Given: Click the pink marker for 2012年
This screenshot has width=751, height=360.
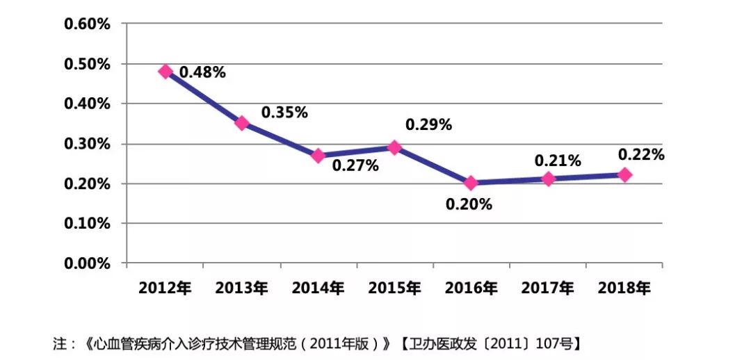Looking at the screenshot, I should [165, 71].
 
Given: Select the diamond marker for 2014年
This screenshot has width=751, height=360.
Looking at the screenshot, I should [318, 156].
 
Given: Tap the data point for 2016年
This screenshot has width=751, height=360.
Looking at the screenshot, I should [471, 183].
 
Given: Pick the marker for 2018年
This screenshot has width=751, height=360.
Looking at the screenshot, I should [624, 174].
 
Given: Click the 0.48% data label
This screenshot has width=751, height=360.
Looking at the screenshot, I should [202, 72].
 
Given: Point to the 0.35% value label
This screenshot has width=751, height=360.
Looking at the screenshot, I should [284, 113].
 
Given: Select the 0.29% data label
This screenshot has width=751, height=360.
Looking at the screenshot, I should [428, 125].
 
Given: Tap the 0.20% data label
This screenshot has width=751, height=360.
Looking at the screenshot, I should [469, 204].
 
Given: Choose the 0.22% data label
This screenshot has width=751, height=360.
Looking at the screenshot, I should [641, 155].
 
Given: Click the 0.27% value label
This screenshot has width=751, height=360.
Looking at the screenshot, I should [355, 165].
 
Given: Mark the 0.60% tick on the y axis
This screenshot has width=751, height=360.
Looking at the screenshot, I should [87, 24].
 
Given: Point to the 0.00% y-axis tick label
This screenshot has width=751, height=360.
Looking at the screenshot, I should [87, 263].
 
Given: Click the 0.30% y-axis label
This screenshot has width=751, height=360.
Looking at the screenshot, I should [87, 144].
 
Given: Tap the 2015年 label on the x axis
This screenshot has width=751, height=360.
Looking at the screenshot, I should [394, 288].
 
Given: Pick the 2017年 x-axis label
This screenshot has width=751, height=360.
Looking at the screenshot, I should [548, 288].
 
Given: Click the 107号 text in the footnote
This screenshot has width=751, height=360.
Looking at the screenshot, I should [558, 343].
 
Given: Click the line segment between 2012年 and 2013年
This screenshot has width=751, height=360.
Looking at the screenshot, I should [204, 97].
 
